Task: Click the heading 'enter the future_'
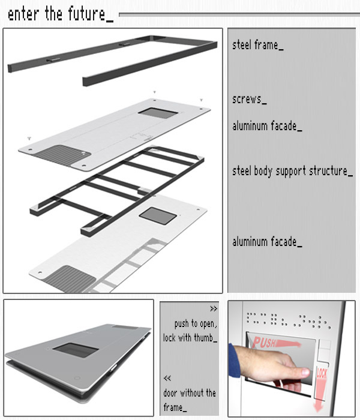(61, 14)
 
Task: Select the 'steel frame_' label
(257, 45)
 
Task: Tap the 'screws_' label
(250, 99)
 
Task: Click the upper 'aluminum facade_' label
(267, 126)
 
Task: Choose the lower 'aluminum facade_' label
(267, 242)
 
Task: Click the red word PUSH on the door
(264, 343)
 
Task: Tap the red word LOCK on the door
(322, 373)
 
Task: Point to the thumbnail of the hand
(305, 372)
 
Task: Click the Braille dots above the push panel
(289, 320)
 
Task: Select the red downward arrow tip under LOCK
(319, 409)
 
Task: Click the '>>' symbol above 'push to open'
(214, 308)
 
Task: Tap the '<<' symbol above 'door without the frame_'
(167, 378)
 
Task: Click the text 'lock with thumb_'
(190, 338)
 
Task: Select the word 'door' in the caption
(170, 393)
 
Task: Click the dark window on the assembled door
(76, 350)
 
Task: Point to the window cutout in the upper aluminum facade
(158, 113)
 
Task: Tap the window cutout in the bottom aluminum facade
(158, 215)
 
